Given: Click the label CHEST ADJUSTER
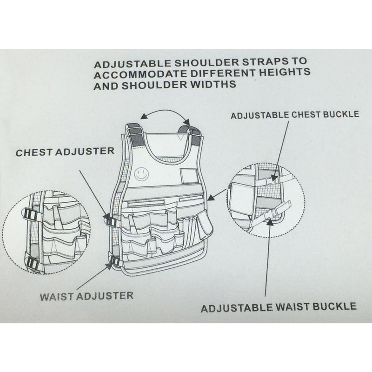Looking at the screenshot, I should [65, 152].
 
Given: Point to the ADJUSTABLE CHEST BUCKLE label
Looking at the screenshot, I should [295, 114].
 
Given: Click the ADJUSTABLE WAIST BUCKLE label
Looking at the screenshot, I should [279, 306].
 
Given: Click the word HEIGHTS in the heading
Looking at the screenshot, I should [284, 73].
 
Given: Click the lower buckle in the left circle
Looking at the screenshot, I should [33, 263].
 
